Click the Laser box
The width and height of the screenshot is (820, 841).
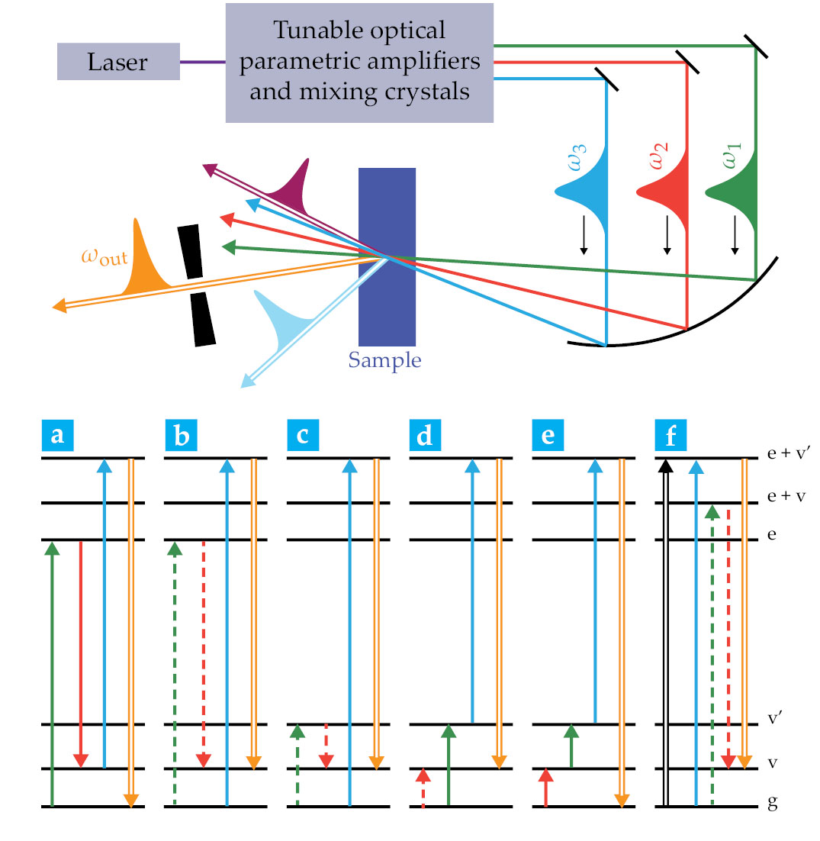click(x=118, y=61)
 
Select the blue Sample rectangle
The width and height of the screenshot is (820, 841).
click(x=387, y=256)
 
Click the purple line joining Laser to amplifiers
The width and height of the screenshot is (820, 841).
click(x=202, y=61)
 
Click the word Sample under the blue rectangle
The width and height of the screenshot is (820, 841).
click(x=384, y=360)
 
